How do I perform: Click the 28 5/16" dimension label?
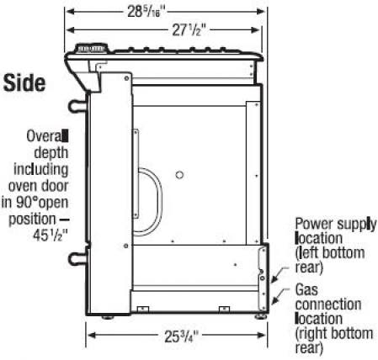pyautogui.click(x=146, y=13)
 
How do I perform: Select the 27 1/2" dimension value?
pyautogui.click(x=187, y=29)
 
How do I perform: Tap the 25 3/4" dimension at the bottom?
pyautogui.click(x=181, y=336)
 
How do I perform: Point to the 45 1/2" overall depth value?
pyautogui.click(x=51, y=235)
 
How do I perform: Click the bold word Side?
pyautogui.click(x=24, y=83)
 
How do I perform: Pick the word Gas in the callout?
pyautogui.click(x=306, y=289)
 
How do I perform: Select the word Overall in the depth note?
pyautogui.click(x=47, y=136)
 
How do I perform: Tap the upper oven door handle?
pyautogui.click(x=77, y=106)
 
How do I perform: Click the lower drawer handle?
pyautogui.click(x=77, y=258)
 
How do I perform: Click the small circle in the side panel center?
pyautogui.click(x=179, y=175)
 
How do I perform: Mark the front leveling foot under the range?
pyautogui.click(x=108, y=317)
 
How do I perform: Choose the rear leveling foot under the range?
pyautogui.click(x=261, y=317)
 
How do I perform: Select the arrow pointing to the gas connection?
pyautogui.click(x=280, y=296)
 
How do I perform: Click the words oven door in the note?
pyautogui.click(x=38, y=186)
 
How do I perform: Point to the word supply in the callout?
pyautogui.click(x=357, y=225)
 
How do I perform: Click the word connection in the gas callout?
pyautogui.click(x=328, y=304)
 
